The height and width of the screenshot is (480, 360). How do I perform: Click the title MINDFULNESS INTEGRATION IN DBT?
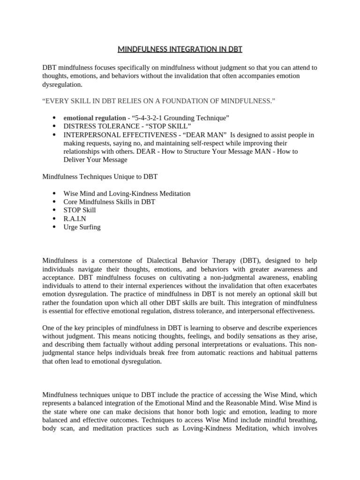pos(180,49)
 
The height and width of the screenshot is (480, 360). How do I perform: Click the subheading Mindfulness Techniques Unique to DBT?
pos(100,176)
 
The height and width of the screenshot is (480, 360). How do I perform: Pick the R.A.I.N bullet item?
pos(75,218)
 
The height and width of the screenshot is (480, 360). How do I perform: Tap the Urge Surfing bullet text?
pos(82,227)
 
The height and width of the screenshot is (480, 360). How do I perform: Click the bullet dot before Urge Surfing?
pos(54,227)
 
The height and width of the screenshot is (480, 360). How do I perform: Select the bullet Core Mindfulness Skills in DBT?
pos(109,202)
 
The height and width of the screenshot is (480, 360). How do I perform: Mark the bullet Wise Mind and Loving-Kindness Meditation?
pos(127,193)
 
